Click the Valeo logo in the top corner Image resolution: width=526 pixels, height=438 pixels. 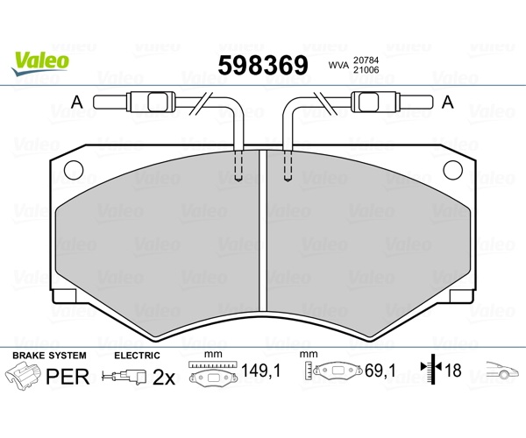tap(40, 64)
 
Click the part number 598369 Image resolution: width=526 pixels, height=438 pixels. tap(263, 66)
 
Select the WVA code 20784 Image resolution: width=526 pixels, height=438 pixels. tap(366, 60)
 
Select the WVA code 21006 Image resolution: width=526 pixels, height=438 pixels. tap(366, 70)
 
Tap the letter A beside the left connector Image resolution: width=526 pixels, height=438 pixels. tap(77, 102)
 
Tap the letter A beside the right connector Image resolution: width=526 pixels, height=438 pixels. tap(448, 102)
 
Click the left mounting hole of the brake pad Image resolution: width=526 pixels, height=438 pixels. tap(74, 170)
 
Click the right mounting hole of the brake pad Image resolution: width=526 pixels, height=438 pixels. tap(453, 170)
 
